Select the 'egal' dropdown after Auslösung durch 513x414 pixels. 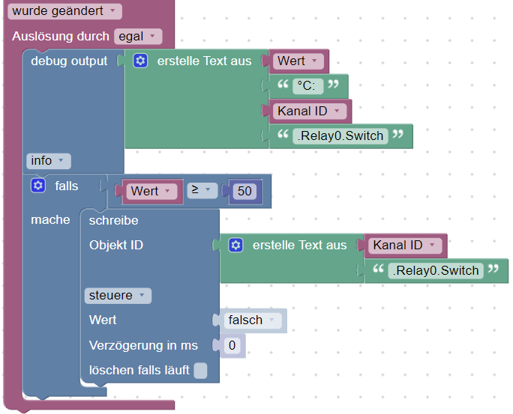tap(138, 36)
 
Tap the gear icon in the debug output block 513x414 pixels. tap(140, 61)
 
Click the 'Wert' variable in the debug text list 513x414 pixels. tap(298, 61)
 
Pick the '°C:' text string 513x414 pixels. tap(308, 86)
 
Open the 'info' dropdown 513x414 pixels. tap(49, 160)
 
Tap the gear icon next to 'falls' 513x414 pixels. tap(38, 185)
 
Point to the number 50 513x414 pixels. tap(244, 191)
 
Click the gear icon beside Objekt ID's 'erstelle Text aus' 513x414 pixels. tap(235, 245)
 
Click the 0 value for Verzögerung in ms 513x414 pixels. tap(232, 345)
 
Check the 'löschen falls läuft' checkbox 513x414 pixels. tap(200, 370)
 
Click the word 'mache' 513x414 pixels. tap(50, 219)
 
